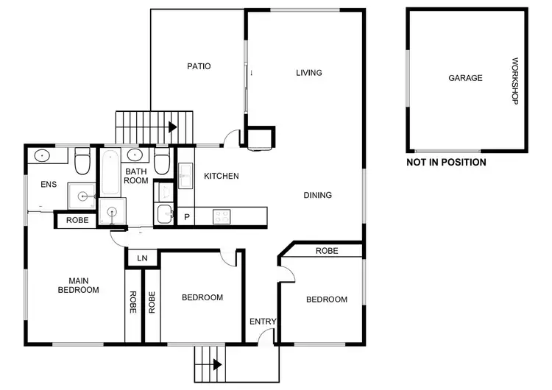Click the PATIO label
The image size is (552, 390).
click(x=199, y=66)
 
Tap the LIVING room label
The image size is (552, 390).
click(x=309, y=73)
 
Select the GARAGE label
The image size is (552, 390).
click(x=465, y=78)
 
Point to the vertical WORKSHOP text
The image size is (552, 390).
click(x=515, y=81)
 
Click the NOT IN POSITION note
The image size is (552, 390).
click(x=446, y=163)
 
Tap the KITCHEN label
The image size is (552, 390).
click(x=221, y=176)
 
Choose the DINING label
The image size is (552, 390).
click(x=318, y=196)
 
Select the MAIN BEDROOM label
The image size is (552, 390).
click(x=78, y=285)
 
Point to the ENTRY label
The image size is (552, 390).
click(x=262, y=322)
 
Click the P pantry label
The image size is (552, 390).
click(x=187, y=217)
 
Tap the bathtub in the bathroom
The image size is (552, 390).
click(x=110, y=174)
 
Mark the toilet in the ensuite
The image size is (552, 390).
click(x=82, y=160)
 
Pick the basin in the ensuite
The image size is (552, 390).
click(x=42, y=156)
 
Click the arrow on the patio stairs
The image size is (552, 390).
click(x=173, y=127)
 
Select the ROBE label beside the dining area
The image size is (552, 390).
click(x=327, y=251)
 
